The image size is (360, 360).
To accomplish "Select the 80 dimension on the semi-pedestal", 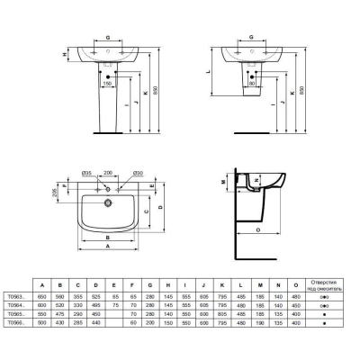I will (x=253, y=84).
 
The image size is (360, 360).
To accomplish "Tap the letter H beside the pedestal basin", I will (x=64, y=53).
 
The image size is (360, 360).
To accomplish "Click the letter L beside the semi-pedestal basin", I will (x=209, y=69).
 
